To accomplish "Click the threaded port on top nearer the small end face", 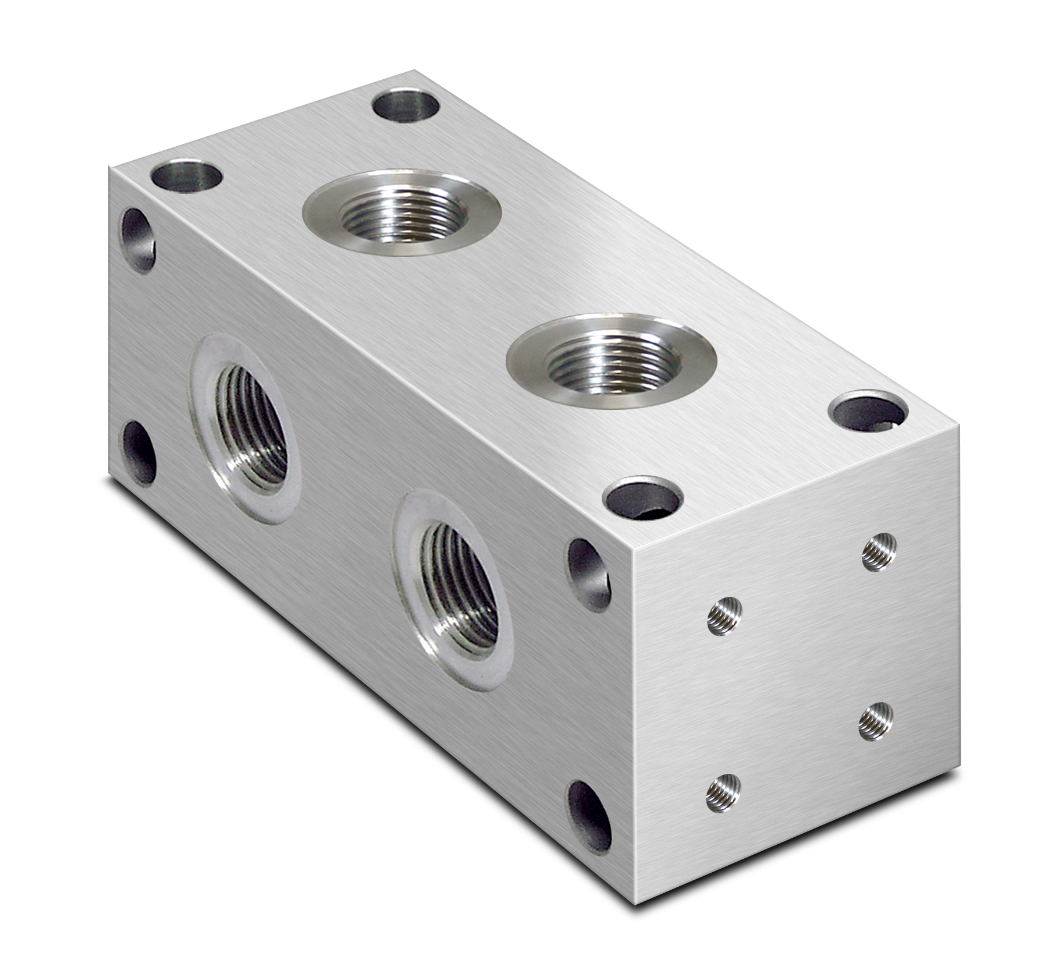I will (611, 361).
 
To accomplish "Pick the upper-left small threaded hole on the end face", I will (725, 616).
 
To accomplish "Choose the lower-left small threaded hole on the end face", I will (724, 792).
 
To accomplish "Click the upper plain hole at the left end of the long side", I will (138, 240).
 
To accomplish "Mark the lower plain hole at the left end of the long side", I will (140, 453).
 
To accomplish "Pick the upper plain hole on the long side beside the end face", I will (589, 574).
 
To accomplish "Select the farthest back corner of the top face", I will (414, 70).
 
